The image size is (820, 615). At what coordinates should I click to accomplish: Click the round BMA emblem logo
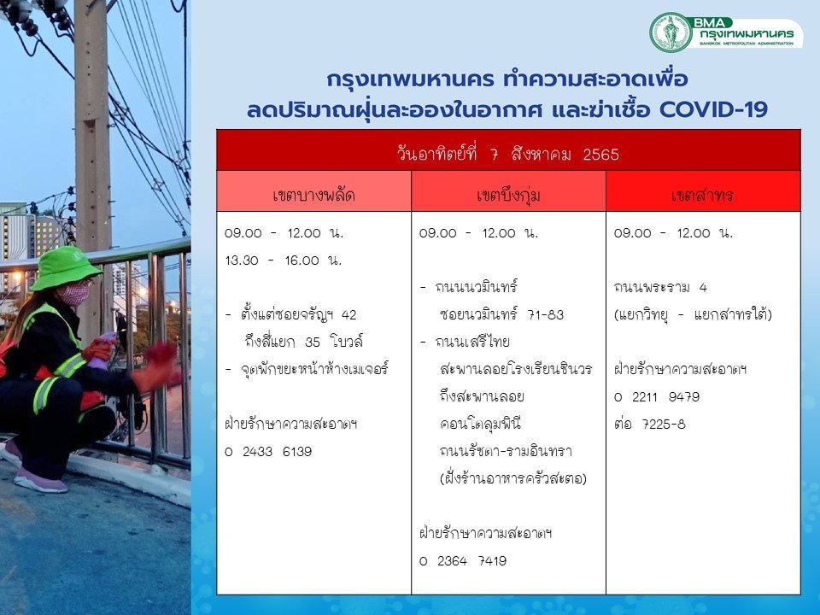coord(671,32)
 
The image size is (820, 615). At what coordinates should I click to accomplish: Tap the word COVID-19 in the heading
coord(713,110)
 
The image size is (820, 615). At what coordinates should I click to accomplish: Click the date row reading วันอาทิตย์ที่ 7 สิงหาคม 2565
coord(507,155)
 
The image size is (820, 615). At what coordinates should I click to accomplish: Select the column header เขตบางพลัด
coord(313,195)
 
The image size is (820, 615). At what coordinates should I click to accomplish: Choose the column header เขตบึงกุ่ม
coord(508,195)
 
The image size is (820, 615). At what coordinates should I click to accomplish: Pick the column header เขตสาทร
coord(702,195)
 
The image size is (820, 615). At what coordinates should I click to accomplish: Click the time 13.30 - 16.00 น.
coord(284,260)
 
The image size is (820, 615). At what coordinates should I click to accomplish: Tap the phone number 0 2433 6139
coord(268,451)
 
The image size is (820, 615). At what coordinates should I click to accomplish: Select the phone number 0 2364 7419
coord(463,560)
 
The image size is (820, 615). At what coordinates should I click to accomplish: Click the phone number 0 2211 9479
coord(657,397)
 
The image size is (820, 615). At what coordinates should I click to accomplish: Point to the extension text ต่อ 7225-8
coord(649,425)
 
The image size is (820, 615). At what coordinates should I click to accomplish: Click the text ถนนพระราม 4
coord(660,287)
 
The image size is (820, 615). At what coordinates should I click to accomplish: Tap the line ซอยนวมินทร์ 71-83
coord(502,314)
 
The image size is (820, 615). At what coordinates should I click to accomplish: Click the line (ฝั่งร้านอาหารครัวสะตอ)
coord(513,478)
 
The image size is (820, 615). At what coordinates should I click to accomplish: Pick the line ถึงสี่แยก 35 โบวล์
coord(304,342)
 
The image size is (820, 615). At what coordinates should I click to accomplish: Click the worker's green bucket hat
coord(64,268)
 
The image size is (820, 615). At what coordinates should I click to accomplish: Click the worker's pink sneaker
coord(41,481)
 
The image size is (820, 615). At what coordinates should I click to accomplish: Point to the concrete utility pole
coord(92,126)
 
